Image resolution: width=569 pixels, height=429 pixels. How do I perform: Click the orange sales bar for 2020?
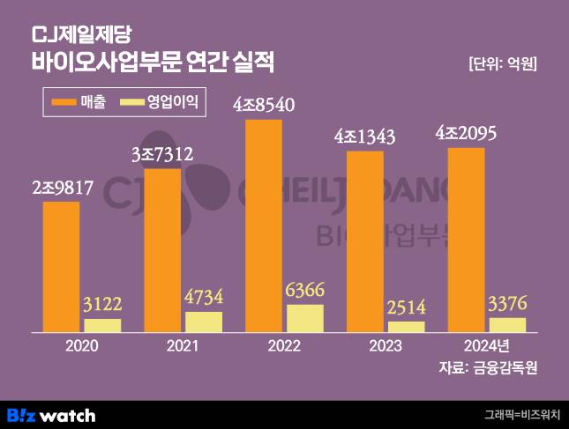(61, 267)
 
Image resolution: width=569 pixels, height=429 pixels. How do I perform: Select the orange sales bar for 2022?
(264, 226)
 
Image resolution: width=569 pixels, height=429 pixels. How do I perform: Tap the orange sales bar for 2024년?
(467, 240)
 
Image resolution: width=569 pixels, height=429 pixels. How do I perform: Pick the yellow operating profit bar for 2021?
(204, 322)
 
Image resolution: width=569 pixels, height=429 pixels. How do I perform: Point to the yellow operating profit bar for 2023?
(406, 327)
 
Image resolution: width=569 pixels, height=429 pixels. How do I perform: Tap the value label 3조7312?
(162, 154)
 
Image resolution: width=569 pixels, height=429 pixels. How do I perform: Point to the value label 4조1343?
(364, 137)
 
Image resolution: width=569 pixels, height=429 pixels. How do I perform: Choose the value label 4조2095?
(467, 133)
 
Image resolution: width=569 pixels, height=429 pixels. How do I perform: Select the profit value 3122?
(102, 304)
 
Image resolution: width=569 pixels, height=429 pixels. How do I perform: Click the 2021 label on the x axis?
(183, 345)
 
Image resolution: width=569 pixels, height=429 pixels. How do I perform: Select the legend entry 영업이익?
(161, 102)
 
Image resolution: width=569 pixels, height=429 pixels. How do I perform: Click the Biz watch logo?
(51, 415)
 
